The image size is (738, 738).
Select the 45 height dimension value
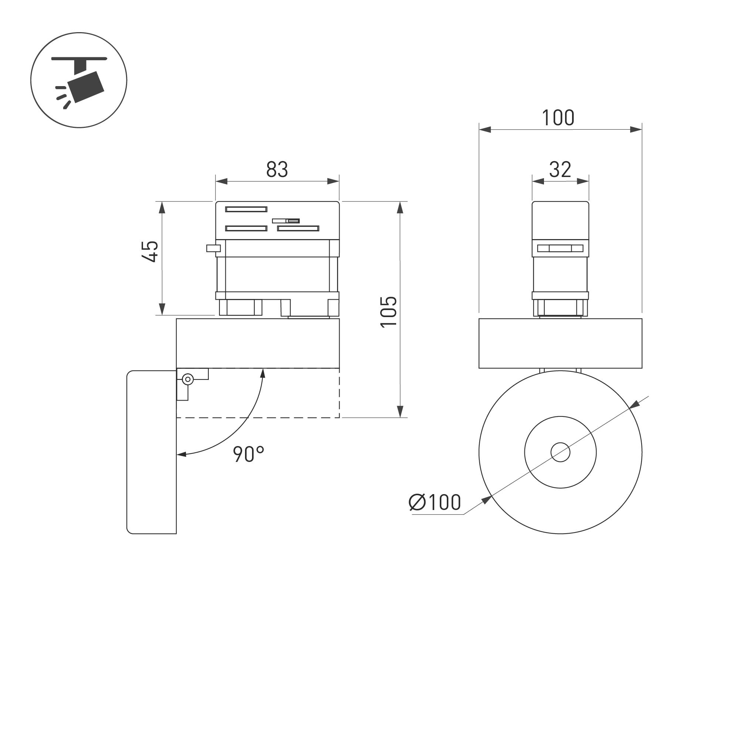click(150, 251)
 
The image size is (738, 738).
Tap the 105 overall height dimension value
click(389, 311)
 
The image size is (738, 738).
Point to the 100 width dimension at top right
click(558, 118)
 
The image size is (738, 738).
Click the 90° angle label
click(249, 454)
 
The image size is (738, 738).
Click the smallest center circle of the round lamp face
click(560, 452)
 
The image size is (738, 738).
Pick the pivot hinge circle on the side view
click(188, 379)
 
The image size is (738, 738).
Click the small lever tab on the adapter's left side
click(213, 248)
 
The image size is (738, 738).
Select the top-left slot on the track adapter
click(246, 209)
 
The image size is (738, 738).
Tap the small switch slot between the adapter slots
click(286, 221)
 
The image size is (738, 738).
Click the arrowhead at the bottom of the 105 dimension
click(400, 412)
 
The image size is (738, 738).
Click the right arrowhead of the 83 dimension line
click(333, 181)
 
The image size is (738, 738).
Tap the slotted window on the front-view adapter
click(560, 248)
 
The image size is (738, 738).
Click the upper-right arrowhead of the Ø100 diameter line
click(634, 405)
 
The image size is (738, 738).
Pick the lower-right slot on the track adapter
click(298, 228)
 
